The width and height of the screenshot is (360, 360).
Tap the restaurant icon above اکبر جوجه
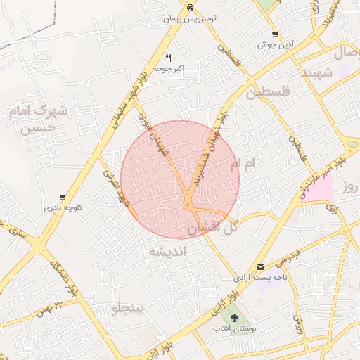168,57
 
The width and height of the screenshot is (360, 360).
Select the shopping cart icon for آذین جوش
275,34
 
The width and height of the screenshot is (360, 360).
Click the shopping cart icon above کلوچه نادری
63,198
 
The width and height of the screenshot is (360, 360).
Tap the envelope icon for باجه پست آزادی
260,267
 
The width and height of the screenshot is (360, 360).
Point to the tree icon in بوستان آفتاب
234,318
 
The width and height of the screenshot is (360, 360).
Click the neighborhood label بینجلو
127,308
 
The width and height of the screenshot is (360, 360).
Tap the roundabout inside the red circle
189,205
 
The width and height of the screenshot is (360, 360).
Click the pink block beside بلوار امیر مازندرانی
319,188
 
